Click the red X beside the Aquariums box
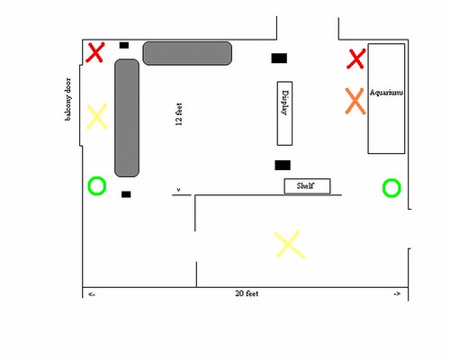(356, 58)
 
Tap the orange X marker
(355, 101)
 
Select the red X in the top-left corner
(95, 52)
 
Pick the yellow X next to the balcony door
(96, 116)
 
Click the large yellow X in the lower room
(290, 244)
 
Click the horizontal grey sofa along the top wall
(187, 53)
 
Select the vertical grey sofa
(127, 118)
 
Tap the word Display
(285, 103)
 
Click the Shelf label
(305, 185)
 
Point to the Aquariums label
(386, 93)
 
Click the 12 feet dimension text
(179, 114)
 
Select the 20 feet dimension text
(247, 293)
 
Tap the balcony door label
(68, 99)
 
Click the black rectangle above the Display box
(279, 58)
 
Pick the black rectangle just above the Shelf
(283, 166)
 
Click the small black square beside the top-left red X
(124, 45)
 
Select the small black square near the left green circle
(126, 194)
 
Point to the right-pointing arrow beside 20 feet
(397, 294)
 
